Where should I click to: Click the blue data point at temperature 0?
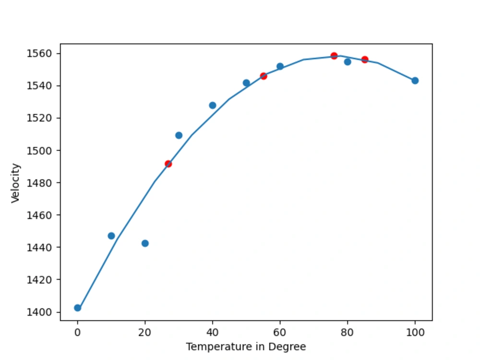pos(78,308)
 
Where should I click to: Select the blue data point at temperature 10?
pos(111,236)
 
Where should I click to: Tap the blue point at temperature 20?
pos(145,243)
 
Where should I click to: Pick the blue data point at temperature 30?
pos(179,135)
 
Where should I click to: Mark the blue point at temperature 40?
pos(212,105)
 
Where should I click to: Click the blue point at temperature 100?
pos(415,81)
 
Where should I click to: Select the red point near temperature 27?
pos(168,164)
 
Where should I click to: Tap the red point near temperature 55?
pos(263,76)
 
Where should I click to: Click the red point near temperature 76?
pos(334,56)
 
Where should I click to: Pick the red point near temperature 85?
pos(365,60)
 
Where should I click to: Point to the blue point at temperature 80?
pos(348,61)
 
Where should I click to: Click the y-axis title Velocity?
pos(16,183)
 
